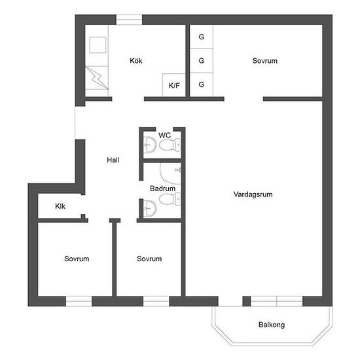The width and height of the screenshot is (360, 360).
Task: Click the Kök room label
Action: (136, 61)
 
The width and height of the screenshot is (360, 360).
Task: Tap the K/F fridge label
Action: (174, 86)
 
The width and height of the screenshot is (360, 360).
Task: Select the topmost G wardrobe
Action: (202, 37)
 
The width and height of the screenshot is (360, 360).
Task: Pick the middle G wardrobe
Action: (202, 61)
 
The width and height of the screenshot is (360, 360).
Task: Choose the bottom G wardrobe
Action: (202, 84)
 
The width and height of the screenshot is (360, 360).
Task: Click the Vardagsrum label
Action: (253, 194)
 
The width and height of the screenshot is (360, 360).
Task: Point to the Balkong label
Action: (272, 325)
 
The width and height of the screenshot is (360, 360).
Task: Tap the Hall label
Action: (113, 160)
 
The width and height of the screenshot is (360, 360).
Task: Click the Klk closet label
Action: (60, 206)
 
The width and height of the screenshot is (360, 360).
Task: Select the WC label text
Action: (164, 135)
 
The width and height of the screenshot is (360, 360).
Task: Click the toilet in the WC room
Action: (170, 145)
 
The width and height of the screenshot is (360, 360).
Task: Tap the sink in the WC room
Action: (150, 145)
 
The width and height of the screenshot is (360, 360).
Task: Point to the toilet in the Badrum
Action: (170, 199)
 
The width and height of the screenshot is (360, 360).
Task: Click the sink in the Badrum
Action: (150, 208)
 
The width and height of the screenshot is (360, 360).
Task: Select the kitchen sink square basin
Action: (98, 45)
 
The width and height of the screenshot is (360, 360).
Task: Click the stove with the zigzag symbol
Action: (97, 78)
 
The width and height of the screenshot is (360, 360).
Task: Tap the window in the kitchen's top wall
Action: (129, 20)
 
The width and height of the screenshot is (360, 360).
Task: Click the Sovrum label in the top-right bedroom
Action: (264, 61)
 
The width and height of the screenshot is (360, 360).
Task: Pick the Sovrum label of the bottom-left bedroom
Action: (77, 259)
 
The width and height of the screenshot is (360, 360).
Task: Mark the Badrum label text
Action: (163, 189)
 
